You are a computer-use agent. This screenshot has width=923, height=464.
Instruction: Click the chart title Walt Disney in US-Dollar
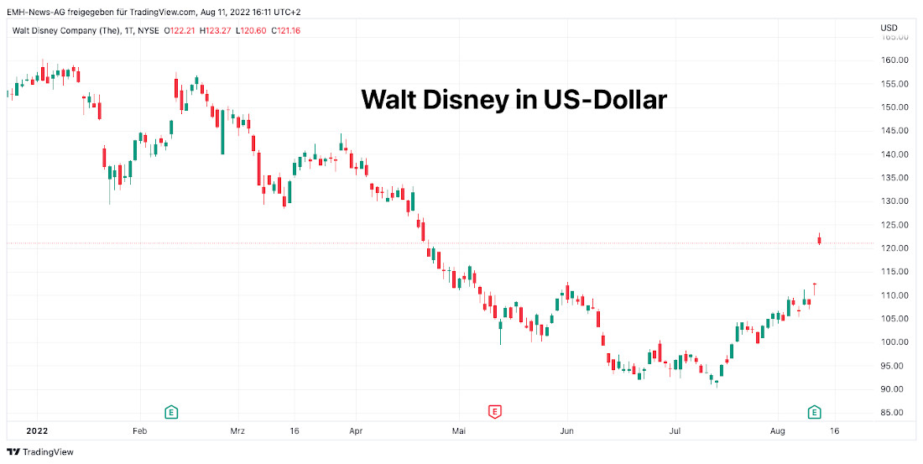pos(514,100)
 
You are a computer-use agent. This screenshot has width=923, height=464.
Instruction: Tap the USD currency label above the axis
pos(889,28)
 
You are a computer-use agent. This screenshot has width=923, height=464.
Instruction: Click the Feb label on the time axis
pos(139,430)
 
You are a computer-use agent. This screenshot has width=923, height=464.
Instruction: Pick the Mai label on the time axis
pos(458,430)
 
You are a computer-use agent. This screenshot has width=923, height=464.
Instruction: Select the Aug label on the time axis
pos(778,430)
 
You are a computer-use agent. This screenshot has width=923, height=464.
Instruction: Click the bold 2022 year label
pos(37,430)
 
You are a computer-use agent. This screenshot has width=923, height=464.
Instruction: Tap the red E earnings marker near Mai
pos(495,411)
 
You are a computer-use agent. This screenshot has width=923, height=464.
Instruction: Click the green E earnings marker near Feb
pos(171,411)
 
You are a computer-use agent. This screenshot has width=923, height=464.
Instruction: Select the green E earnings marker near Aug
pos(814,411)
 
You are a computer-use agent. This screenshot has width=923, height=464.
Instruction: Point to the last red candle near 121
pos(819,241)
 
